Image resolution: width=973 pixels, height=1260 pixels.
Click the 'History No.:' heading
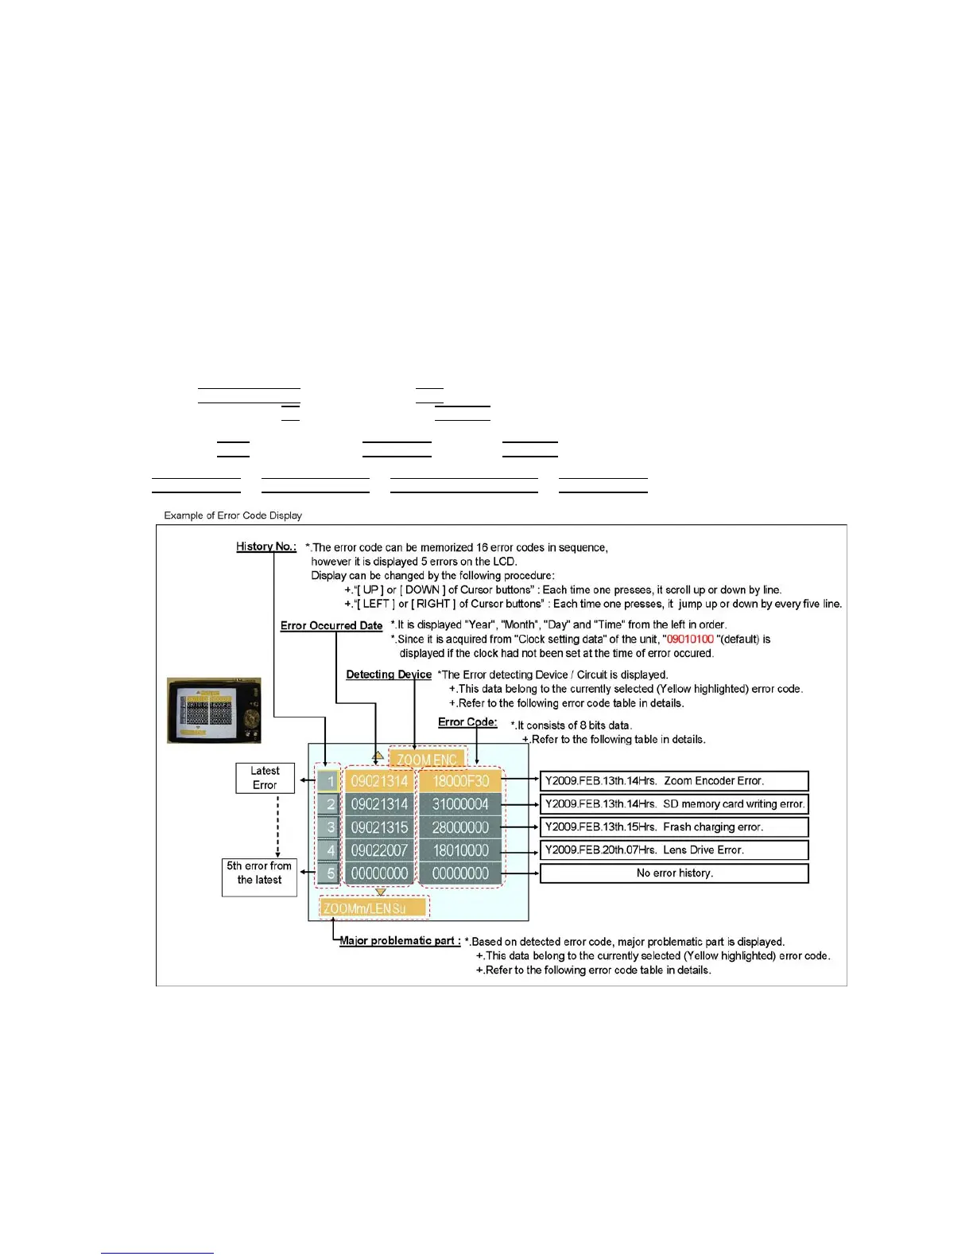point(266,546)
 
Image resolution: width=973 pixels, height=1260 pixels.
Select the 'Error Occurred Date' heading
point(331,625)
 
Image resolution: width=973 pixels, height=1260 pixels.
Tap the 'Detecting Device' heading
point(389,675)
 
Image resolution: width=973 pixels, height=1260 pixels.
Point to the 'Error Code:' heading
point(467,722)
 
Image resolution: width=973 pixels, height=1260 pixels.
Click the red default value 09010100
point(690,640)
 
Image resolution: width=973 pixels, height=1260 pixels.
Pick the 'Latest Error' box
point(265,778)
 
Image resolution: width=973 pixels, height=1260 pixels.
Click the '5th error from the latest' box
point(259,873)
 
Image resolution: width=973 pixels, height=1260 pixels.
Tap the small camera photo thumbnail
point(214,710)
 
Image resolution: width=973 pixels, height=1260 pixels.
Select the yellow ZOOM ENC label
point(427,760)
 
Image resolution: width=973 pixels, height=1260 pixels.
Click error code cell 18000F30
point(460,781)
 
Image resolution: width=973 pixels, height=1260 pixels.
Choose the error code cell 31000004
point(460,804)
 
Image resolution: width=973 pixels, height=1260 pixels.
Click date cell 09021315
point(379,827)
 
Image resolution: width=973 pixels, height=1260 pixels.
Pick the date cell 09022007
point(379,850)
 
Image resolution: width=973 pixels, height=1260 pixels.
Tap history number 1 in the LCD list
point(330,781)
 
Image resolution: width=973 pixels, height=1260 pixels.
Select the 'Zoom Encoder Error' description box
point(674,781)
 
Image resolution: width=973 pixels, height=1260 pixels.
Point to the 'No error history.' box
point(674,873)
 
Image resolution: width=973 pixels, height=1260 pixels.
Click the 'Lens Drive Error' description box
point(674,850)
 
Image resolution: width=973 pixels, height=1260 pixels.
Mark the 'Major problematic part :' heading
point(400,941)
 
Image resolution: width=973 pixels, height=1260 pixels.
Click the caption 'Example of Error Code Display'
point(233,515)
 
